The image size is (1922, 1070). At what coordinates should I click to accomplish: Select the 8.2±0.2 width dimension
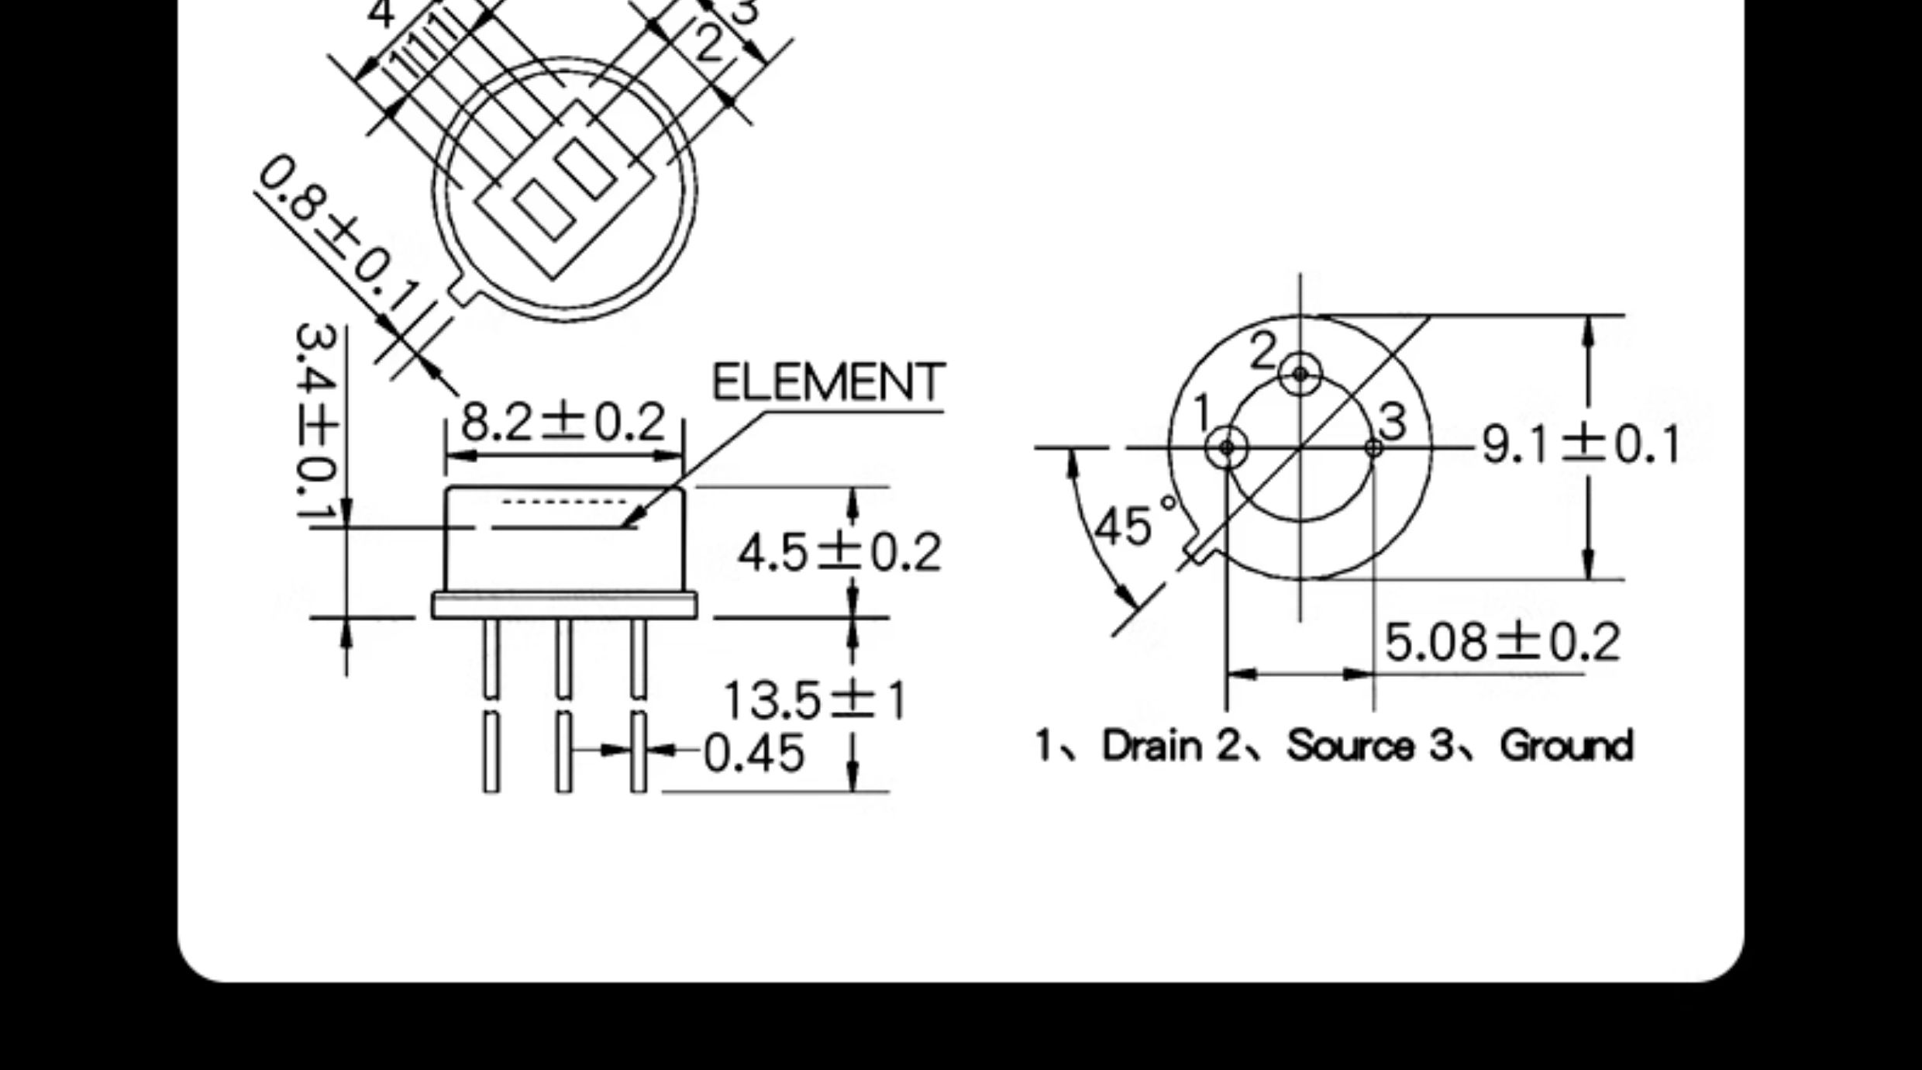click(x=563, y=422)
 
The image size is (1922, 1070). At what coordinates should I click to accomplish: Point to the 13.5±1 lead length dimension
click(x=814, y=700)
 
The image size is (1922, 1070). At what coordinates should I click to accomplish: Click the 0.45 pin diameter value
click(x=753, y=754)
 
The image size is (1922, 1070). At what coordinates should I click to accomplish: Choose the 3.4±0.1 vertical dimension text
click(x=317, y=423)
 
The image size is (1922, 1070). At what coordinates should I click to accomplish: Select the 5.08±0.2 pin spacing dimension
click(x=1502, y=642)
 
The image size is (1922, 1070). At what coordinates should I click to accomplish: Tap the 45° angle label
click(x=1133, y=523)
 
